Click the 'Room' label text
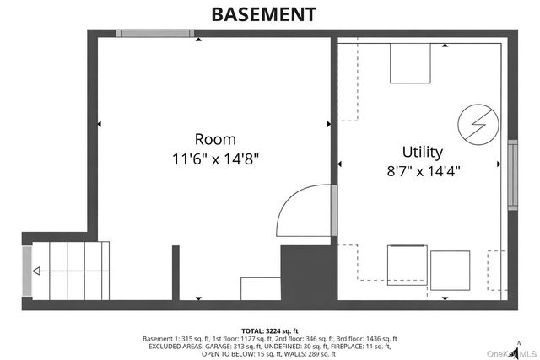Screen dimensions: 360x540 (215, 139)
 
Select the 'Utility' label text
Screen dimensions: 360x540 (422, 152)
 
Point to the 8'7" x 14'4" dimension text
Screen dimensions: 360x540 (422, 169)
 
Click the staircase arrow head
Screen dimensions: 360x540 (36, 271)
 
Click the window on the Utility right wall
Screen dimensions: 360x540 (511, 175)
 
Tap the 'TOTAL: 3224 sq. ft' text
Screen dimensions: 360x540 (269, 331)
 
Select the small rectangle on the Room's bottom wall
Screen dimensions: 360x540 (260, 287)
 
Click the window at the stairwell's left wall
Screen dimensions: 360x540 (27, 270)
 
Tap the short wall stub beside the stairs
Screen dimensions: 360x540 (175, 271)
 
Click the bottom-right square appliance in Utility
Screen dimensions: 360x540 (450, 270)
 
